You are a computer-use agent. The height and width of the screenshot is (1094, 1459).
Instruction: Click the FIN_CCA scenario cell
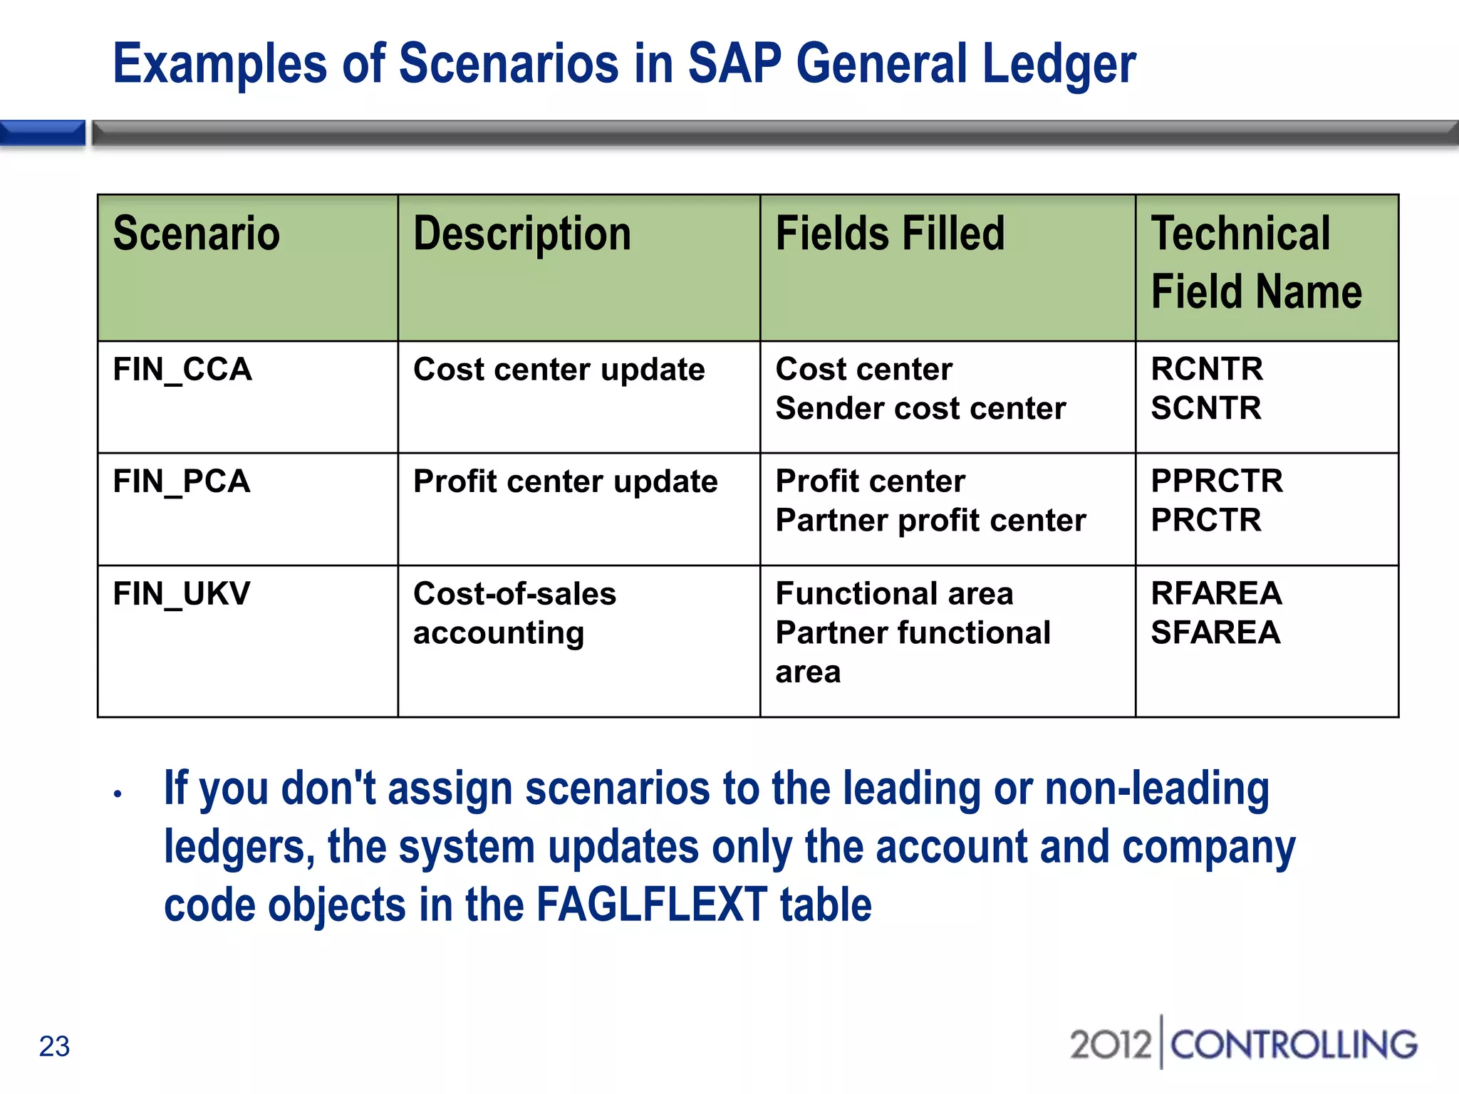coord(182,370)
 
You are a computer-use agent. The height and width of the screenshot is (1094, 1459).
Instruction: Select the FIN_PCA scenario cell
coord(182,481)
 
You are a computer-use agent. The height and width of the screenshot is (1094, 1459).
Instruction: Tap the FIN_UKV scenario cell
coord(182,594)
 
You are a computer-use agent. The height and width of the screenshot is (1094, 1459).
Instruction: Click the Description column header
coord(522,234)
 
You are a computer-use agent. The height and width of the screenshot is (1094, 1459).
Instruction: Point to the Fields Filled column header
coord(890,234)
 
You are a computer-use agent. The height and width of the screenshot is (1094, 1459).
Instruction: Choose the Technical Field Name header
coord(1257,263)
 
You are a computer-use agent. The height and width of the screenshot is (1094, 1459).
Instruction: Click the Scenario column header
coord(197,234)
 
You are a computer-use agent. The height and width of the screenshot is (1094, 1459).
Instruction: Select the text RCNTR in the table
coord(1207,369)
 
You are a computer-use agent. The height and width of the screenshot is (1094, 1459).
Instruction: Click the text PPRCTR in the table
coord(1217,481)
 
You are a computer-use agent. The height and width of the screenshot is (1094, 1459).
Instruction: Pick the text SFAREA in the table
coord(1215,632)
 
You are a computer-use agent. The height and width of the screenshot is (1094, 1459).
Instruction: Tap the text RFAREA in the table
coord(1216,593)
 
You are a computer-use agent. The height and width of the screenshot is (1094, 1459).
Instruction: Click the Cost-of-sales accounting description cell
coord(514,613)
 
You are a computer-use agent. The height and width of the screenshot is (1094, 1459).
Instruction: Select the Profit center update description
coord(566,481)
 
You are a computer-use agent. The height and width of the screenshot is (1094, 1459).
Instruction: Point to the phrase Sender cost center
coord(920,408)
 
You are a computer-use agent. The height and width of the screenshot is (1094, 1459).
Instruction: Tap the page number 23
coord(54,1046)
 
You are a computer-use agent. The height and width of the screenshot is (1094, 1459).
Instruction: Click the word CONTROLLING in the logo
coord(1294,1045)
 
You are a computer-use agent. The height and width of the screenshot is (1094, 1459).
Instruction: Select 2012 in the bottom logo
coord(1110,1045)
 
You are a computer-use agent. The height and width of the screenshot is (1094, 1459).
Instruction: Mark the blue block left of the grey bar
coord(42,133)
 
